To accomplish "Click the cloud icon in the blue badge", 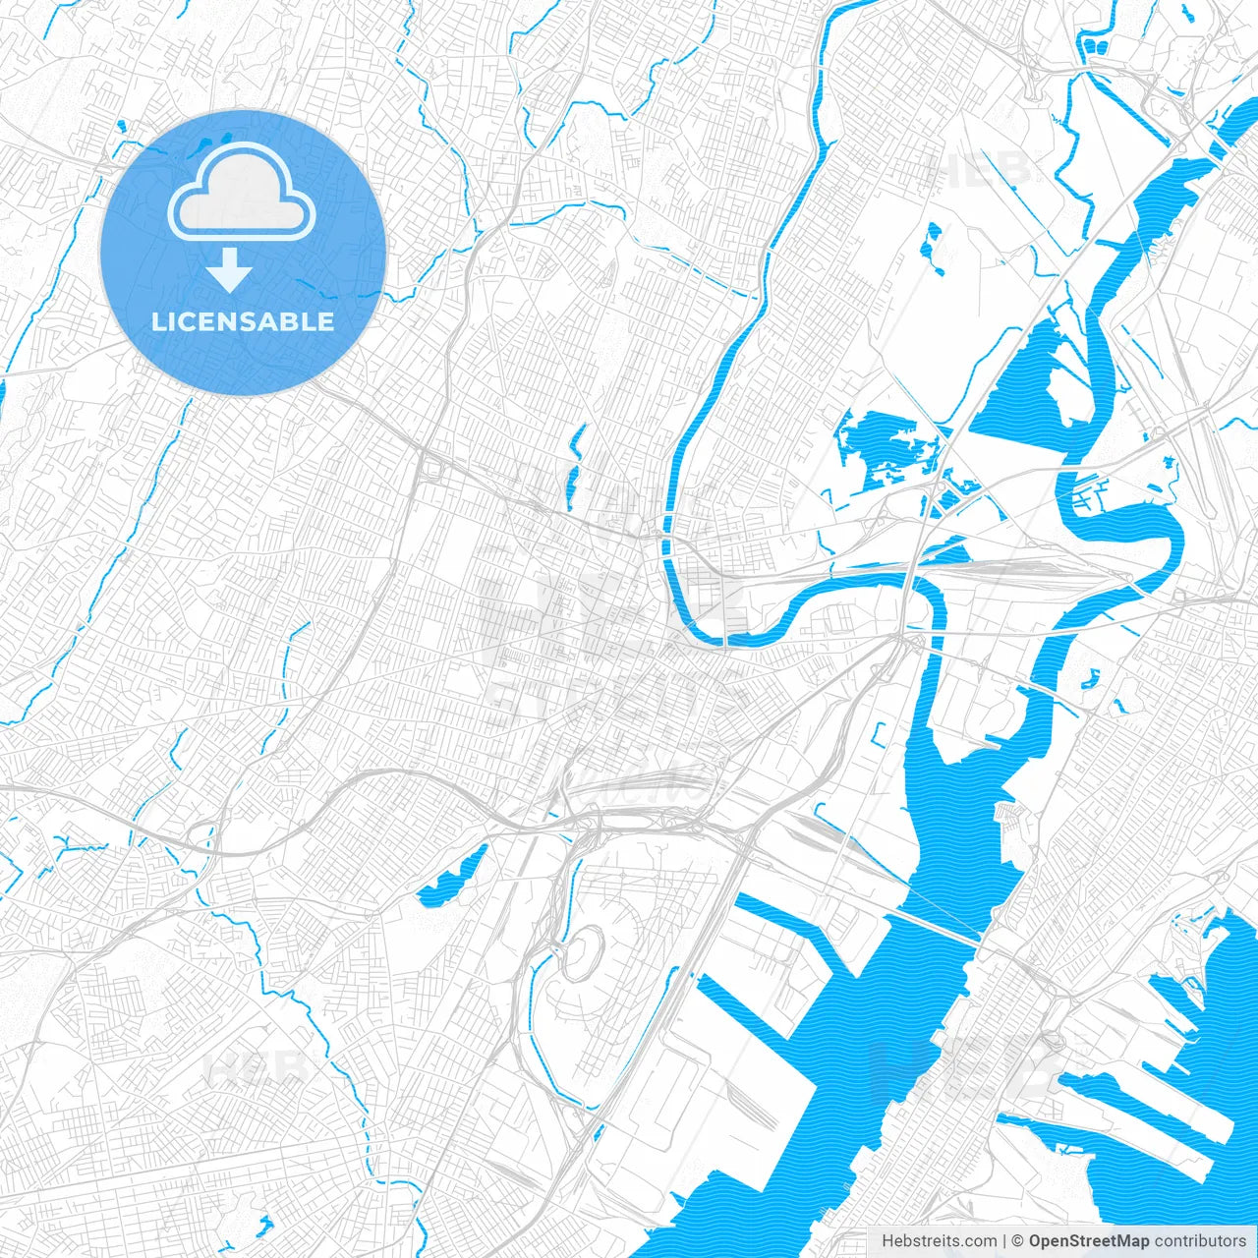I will coord(242,193).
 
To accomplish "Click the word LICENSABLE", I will coord(243,321).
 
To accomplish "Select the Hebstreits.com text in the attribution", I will coord(939,1241).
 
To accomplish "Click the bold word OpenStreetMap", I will coord(1088,1241).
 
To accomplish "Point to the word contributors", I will coord(1200,1241).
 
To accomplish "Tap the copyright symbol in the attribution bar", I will coord(1018,1241).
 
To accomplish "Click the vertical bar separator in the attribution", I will coord(1004,1241).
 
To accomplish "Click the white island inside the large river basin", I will coord(1066,393).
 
